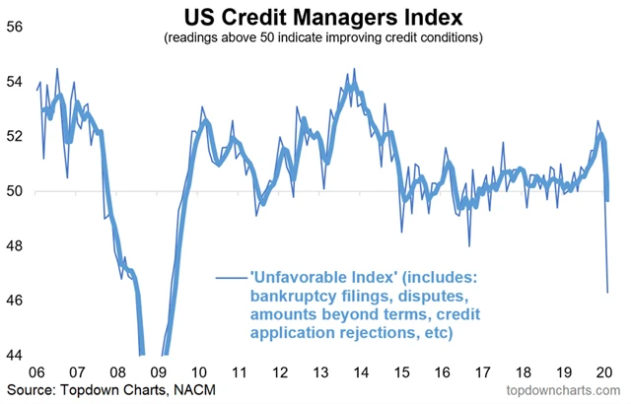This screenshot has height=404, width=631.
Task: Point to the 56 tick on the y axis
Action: pyautogui.click(x=16, y=29)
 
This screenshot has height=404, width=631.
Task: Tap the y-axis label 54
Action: pyautogui.click(x=16, y=83)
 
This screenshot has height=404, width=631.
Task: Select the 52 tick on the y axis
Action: pyautogui.click(x=16, y=137)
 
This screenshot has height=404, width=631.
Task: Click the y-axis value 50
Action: pyautogui.click(x=16, y=191)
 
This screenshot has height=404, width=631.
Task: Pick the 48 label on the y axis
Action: pyautogui.click(x=16, y=245)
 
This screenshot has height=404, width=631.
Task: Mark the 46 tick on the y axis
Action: pyautogui.click(x=16, y=300)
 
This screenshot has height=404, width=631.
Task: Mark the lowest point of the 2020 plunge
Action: pyautogui.click(x=606, y=292)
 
